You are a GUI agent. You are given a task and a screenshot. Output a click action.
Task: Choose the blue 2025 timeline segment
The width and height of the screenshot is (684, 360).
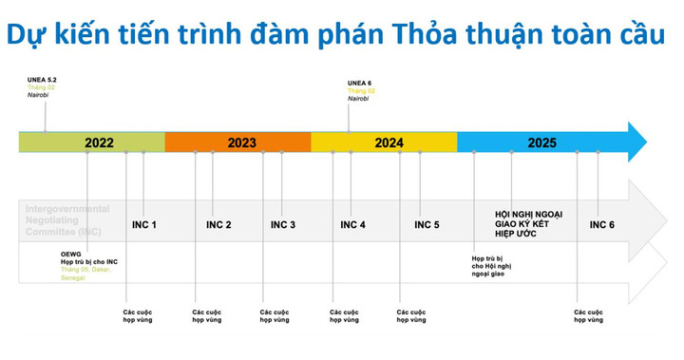click(x=541, y=142)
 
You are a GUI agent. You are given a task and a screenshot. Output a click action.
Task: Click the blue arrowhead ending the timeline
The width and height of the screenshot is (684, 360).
click(x=636, y=142)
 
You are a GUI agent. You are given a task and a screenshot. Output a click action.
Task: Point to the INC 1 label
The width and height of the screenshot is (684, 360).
click(x=143, y=225)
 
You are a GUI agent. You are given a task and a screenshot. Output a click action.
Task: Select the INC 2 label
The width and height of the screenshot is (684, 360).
click(x=218, y=225)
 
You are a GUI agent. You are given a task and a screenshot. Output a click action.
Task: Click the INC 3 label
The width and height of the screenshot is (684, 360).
click(x=283, y=225)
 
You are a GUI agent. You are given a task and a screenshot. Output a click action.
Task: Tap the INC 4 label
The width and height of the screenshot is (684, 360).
click(x=352, y=225)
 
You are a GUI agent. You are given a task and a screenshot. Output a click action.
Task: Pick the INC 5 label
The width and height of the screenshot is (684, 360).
click(x=427, y=225)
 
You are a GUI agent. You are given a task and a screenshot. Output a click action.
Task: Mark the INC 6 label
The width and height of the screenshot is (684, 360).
click(x=602, y=225)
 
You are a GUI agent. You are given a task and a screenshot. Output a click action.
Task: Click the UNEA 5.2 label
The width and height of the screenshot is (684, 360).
click(x=44, y=82)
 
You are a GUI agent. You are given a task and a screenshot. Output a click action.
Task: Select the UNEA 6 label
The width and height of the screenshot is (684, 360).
click(x=359, y=82)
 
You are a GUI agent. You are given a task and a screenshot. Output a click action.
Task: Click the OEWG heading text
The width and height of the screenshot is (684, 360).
click(x=71, y=254)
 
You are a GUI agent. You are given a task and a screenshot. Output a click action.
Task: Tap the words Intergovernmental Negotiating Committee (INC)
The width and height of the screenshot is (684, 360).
click(x=66, y=219)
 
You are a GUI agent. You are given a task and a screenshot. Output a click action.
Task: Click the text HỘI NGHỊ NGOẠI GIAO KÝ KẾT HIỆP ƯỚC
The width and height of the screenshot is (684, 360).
click(x=528, y=224)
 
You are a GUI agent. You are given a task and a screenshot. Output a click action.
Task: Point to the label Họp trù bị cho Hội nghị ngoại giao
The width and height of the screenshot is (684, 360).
click(x=492, y=265)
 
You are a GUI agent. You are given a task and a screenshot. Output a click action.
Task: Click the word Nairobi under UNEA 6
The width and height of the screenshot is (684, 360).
click(x=358, y=99)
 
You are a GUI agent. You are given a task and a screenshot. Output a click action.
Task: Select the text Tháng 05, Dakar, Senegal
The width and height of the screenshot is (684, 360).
click(x=85, y=273)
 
